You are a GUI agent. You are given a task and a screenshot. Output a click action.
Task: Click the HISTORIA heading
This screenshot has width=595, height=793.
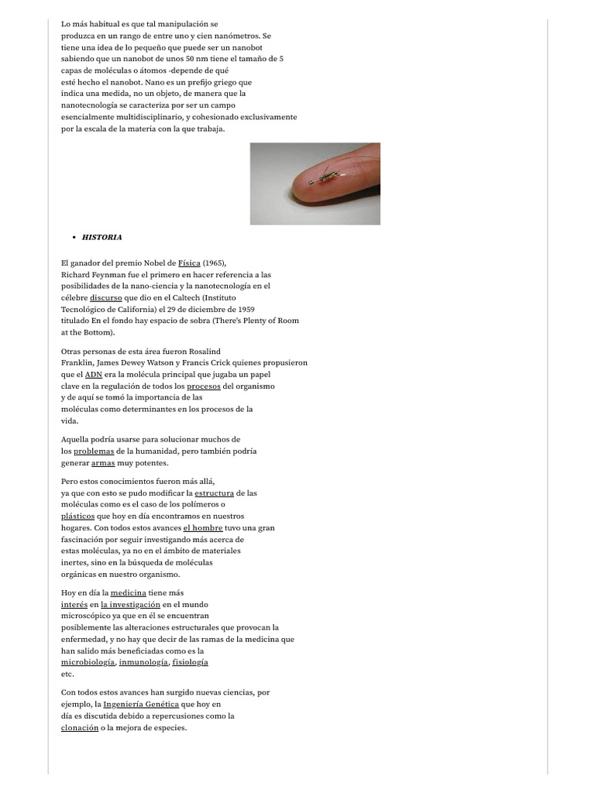101,237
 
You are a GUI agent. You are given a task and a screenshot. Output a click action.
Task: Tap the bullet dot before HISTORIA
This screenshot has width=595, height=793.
73,237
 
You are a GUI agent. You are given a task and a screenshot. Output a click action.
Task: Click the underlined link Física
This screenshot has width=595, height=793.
189,263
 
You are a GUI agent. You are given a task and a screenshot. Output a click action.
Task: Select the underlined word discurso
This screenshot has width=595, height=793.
105,297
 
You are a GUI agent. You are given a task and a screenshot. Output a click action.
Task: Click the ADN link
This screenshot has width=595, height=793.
93,374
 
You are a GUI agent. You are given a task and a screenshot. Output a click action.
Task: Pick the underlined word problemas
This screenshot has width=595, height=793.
94,451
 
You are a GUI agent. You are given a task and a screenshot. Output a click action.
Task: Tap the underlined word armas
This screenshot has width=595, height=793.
102,463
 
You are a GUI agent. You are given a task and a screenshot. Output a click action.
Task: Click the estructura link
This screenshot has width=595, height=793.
214,493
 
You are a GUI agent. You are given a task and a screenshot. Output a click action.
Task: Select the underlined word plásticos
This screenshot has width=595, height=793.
77,516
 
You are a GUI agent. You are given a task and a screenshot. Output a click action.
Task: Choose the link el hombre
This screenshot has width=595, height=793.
202,527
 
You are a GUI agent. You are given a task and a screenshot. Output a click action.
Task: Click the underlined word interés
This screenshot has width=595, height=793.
74,604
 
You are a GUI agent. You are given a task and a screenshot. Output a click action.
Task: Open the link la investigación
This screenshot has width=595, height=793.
130,604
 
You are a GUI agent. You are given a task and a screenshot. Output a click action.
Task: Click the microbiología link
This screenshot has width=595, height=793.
88,662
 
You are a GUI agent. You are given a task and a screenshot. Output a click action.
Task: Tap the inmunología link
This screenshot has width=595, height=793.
143,662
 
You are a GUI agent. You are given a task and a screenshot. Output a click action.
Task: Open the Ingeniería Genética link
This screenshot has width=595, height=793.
141,705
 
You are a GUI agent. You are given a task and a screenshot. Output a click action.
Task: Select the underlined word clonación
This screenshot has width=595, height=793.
80,728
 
